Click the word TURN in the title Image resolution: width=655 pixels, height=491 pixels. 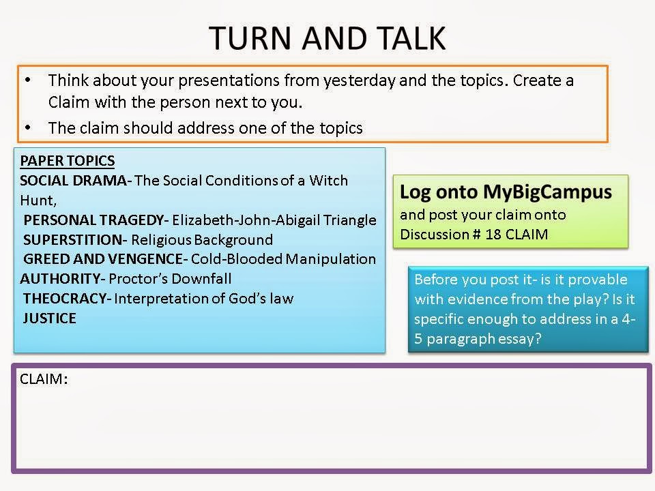[250, 38]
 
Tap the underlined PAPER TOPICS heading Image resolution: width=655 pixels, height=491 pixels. [68, 161]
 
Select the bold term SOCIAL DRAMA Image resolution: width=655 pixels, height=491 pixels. [73, 180]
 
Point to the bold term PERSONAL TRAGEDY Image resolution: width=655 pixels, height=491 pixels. [93, 220]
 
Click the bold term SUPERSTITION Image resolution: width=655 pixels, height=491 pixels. [73, 239]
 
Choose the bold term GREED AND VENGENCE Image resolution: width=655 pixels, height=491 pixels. [103, 259]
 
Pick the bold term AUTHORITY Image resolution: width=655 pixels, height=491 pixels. [60, 278]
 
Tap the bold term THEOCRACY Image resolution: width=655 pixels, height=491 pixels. [65, 298]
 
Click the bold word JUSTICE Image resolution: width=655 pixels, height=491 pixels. [50, 318]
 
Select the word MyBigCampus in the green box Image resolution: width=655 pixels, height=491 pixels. [548, 193]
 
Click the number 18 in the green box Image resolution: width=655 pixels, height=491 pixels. [493, 234]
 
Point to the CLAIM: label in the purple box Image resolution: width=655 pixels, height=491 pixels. [44, 378]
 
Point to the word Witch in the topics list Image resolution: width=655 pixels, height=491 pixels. [328, 180]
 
